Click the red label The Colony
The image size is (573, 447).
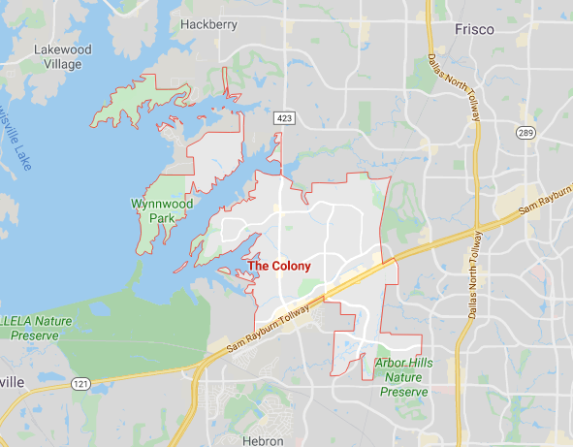tap(279, 265)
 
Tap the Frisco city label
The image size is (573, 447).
tap(474, 29)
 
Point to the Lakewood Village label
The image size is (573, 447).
tap(62, 56)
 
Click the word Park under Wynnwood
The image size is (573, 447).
tap(162, 218)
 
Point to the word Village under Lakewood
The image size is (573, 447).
tap(62, 65)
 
